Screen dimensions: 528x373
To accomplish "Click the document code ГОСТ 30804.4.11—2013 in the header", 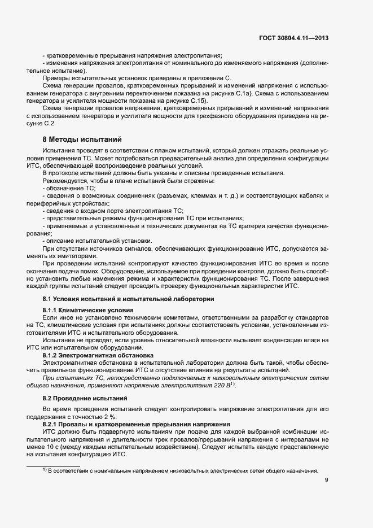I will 290,38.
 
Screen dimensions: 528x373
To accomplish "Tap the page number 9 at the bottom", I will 327,481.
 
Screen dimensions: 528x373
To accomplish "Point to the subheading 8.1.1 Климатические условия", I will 88,310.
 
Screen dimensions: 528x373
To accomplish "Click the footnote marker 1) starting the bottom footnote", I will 45,470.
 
